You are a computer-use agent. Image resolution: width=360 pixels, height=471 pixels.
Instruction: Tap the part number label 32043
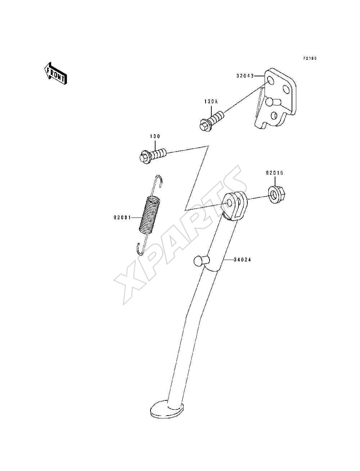(245, 76)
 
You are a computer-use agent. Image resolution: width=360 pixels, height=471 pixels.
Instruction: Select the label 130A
(211, 102)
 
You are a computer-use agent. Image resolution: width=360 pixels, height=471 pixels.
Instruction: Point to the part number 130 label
(155, 136)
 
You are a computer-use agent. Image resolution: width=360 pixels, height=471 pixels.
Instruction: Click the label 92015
(275, 173)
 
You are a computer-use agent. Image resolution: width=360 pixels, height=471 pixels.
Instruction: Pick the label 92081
(122, 217)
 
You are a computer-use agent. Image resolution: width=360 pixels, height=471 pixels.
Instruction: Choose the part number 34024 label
(242, 260)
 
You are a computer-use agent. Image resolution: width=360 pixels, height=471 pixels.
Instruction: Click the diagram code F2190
(310, 58)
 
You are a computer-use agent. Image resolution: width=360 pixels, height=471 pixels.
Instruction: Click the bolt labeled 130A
(212, 121)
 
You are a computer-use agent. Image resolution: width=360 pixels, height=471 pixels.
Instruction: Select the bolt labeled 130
(152, 156)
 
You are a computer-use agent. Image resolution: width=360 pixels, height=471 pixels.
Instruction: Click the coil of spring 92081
(150, 215)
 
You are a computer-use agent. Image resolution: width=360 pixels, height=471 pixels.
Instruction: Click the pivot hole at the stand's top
(230, 203)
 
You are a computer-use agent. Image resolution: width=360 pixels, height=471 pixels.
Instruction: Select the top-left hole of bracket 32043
(271, 81)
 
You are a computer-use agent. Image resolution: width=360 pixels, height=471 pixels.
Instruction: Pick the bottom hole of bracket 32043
(274, 116)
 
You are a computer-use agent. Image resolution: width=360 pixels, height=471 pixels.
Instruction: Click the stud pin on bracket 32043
(273, 101)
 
